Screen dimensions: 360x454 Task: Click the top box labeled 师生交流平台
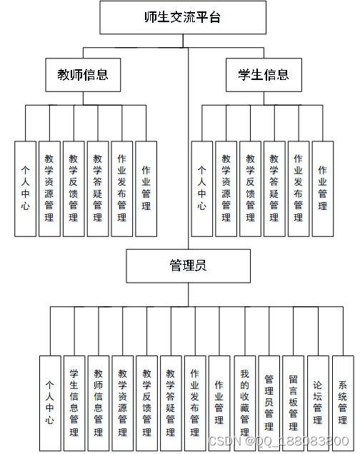183,17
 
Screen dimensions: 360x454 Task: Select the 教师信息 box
83,75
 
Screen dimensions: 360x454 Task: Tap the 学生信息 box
264,75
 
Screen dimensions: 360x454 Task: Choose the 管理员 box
189,266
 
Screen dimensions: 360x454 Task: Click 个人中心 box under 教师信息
26,188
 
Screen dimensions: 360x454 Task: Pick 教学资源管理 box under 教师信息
49,188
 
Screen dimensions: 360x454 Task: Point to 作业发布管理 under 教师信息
122,188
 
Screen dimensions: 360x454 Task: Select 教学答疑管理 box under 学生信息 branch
274,188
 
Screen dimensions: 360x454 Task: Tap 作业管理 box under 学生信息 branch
323,188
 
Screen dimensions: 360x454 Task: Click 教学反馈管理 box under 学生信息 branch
250,188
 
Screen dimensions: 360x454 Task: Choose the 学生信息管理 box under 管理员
74,403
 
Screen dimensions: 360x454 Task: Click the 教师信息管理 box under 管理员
99,403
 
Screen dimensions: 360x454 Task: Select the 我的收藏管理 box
245,403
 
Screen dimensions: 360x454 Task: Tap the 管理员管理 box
269,403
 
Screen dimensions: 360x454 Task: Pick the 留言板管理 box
293,403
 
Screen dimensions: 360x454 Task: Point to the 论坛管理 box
318,403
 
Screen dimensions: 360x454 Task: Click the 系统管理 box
343,403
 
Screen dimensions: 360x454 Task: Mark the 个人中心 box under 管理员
50,403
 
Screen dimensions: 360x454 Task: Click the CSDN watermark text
279,441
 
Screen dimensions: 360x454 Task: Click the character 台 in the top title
214,17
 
